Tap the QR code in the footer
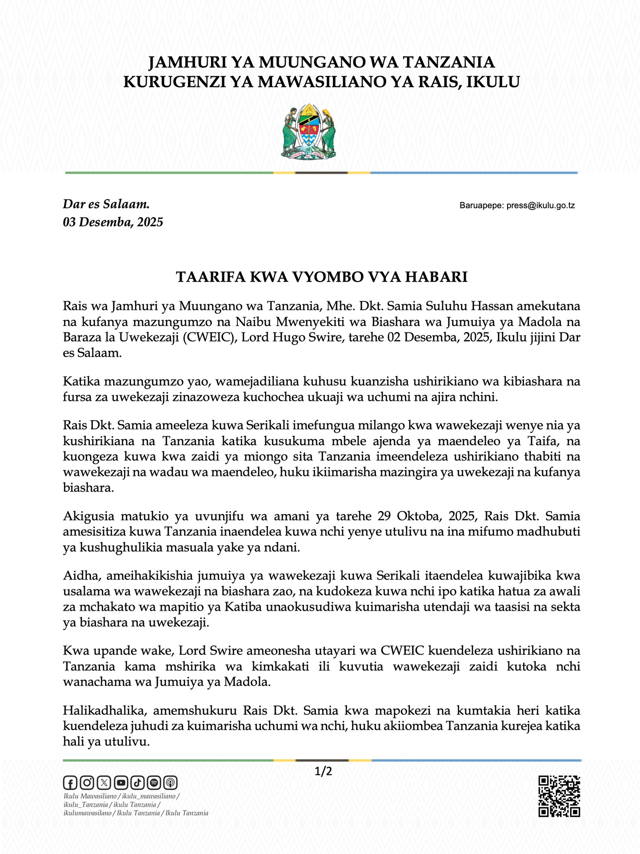(559, 796)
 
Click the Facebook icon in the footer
(70, 782)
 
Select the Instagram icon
(87, 782)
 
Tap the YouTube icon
(121, 782)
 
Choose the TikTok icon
(137, 782)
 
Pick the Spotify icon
(154, 782)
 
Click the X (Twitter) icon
(104, 782)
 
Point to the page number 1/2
(323, 771)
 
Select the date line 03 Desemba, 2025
(113, 222)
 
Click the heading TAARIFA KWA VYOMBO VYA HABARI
(322, 277)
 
